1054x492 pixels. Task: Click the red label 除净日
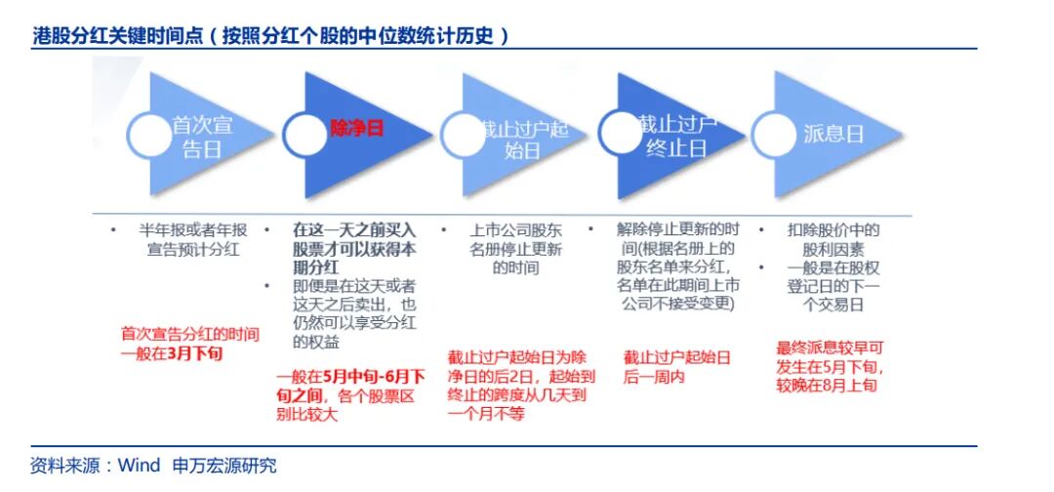pos(356,129)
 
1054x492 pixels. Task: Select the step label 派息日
pos(833,135)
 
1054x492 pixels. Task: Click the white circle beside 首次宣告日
pos(146,137)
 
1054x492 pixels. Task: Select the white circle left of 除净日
pos(303,137)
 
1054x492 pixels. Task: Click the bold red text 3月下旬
pos(195,353)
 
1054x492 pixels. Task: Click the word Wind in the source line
pos(140,466)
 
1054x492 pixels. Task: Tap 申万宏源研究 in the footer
pos(223,466)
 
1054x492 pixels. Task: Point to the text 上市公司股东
pos(515,231)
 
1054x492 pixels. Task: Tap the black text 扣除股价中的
pos(832,231)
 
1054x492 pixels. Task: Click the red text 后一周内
pos(654,377)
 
